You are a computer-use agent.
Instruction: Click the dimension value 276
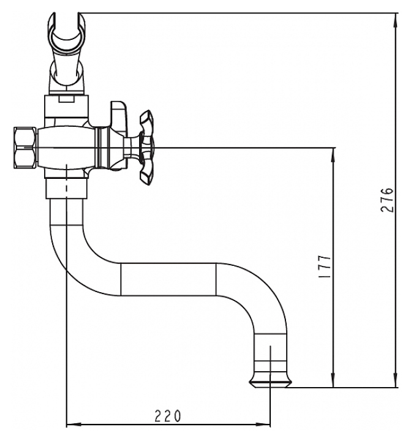(387, 200)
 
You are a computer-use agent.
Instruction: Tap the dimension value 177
(324, 266)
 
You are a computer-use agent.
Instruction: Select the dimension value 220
(168, 416)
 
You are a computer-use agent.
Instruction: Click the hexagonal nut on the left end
(25, 148)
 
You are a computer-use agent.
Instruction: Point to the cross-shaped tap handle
(147, 148)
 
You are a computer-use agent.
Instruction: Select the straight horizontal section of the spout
(168, 279)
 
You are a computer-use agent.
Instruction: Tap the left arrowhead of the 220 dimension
(74, 424)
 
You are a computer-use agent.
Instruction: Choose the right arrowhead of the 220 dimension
(263, 424)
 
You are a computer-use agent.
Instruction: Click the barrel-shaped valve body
(66, 148)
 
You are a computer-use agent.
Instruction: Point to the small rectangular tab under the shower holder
(67, 99)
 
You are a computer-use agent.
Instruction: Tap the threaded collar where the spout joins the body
(67, 189)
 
